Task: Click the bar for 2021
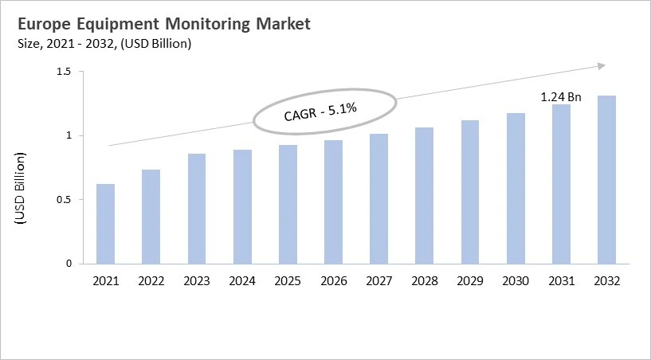[x=105, y=224]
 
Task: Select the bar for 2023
[x=196, y=209]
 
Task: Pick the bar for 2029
[x=470, y=192]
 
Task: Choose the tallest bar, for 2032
[x=606, y=179]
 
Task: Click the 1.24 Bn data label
[x=561, y=97]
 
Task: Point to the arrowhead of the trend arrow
[x=602, y=66]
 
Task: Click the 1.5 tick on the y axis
[x=64, y=72]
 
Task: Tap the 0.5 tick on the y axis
[x=64, y=200]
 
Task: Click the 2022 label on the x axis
[x=151, y=281]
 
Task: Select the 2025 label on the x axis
[x=288, y=281]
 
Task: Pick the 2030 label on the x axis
[x=516, y=281]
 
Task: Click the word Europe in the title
[x=44, y=25]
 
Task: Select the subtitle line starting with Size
[x=104, y=44]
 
